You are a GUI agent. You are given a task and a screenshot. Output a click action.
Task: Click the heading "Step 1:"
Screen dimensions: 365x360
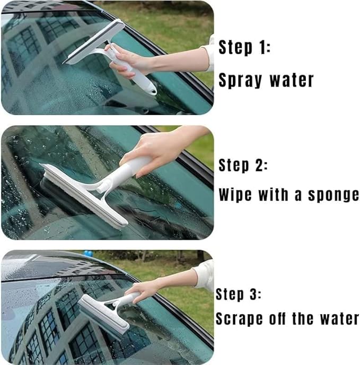[x=244, y=48]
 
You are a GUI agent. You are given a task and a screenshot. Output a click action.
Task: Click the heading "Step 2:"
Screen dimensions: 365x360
[x=243, y=165]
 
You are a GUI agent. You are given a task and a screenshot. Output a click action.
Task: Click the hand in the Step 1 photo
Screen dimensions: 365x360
[x=127, y=61]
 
